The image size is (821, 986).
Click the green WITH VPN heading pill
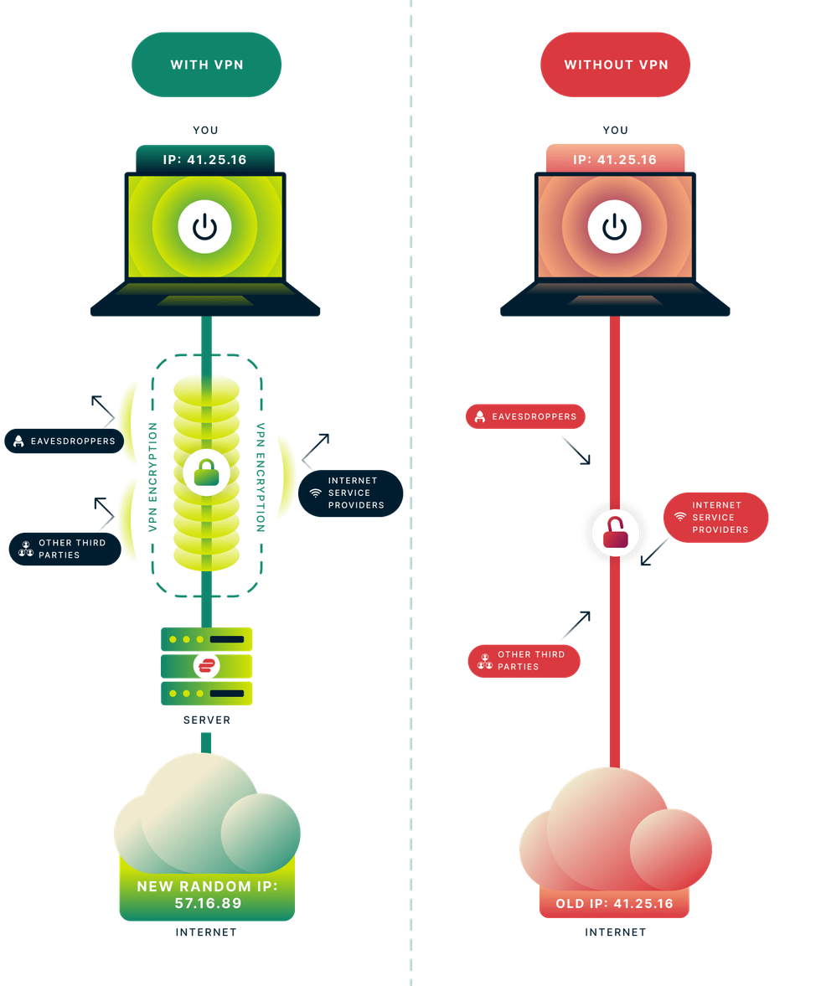206,65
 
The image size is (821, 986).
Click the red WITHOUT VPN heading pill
616,65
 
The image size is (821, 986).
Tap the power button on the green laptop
205,227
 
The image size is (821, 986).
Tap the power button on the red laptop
615,227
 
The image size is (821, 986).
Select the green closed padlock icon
206,473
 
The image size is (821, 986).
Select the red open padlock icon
616,533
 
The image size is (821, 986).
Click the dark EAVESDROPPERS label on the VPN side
64,441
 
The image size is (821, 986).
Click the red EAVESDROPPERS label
525,416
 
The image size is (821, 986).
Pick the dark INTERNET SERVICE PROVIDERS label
351,493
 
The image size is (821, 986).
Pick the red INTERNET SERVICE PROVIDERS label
715,518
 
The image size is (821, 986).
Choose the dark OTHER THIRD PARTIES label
65,549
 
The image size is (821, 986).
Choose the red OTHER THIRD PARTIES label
524,661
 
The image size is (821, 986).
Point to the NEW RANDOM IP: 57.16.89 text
206,894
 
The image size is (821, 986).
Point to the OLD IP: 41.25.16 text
615,904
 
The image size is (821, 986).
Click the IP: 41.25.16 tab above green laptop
205,159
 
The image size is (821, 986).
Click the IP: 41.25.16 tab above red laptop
615,159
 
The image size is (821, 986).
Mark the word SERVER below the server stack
206,720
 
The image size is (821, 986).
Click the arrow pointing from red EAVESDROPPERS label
577,450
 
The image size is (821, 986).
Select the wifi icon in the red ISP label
680,518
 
